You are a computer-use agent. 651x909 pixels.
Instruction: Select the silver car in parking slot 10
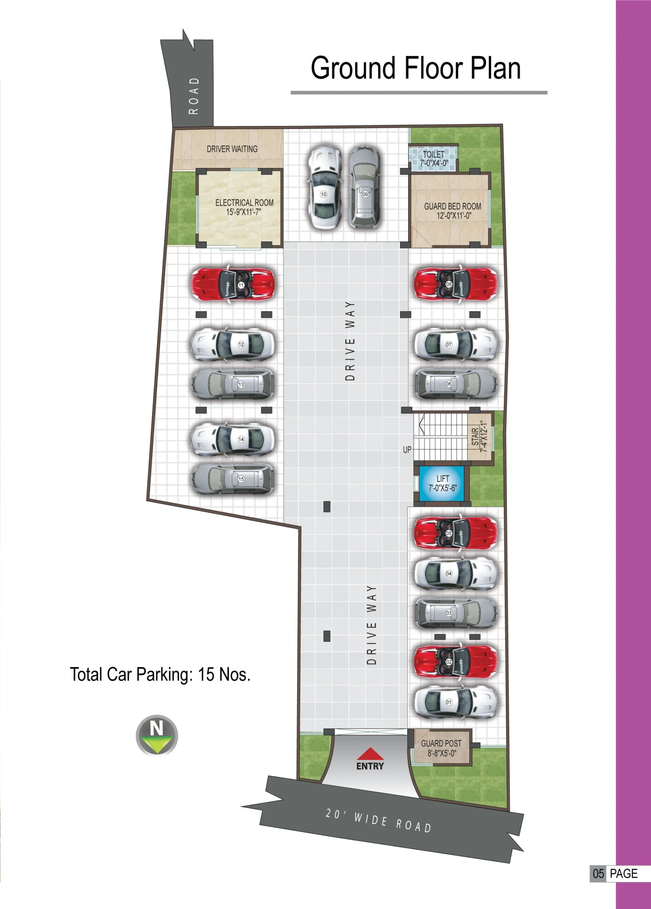point(325,187)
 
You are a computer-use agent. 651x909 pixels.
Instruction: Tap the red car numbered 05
point(455,533)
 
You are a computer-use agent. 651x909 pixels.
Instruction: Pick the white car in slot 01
point(455,702)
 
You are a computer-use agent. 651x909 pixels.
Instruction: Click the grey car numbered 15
point(233,479)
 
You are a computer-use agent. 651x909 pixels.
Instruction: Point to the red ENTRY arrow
point(370,754)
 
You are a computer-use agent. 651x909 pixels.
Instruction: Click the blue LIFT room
point(442,483)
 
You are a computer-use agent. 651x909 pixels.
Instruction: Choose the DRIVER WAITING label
point(232,149)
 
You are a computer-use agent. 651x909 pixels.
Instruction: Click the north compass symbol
point(157,735)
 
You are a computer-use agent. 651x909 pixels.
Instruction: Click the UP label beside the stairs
point(407,450)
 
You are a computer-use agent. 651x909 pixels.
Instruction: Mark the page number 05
point(598,874)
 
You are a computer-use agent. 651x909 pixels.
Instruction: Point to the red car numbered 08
point(455,284)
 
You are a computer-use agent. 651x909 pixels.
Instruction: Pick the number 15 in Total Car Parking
point(206,675)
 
